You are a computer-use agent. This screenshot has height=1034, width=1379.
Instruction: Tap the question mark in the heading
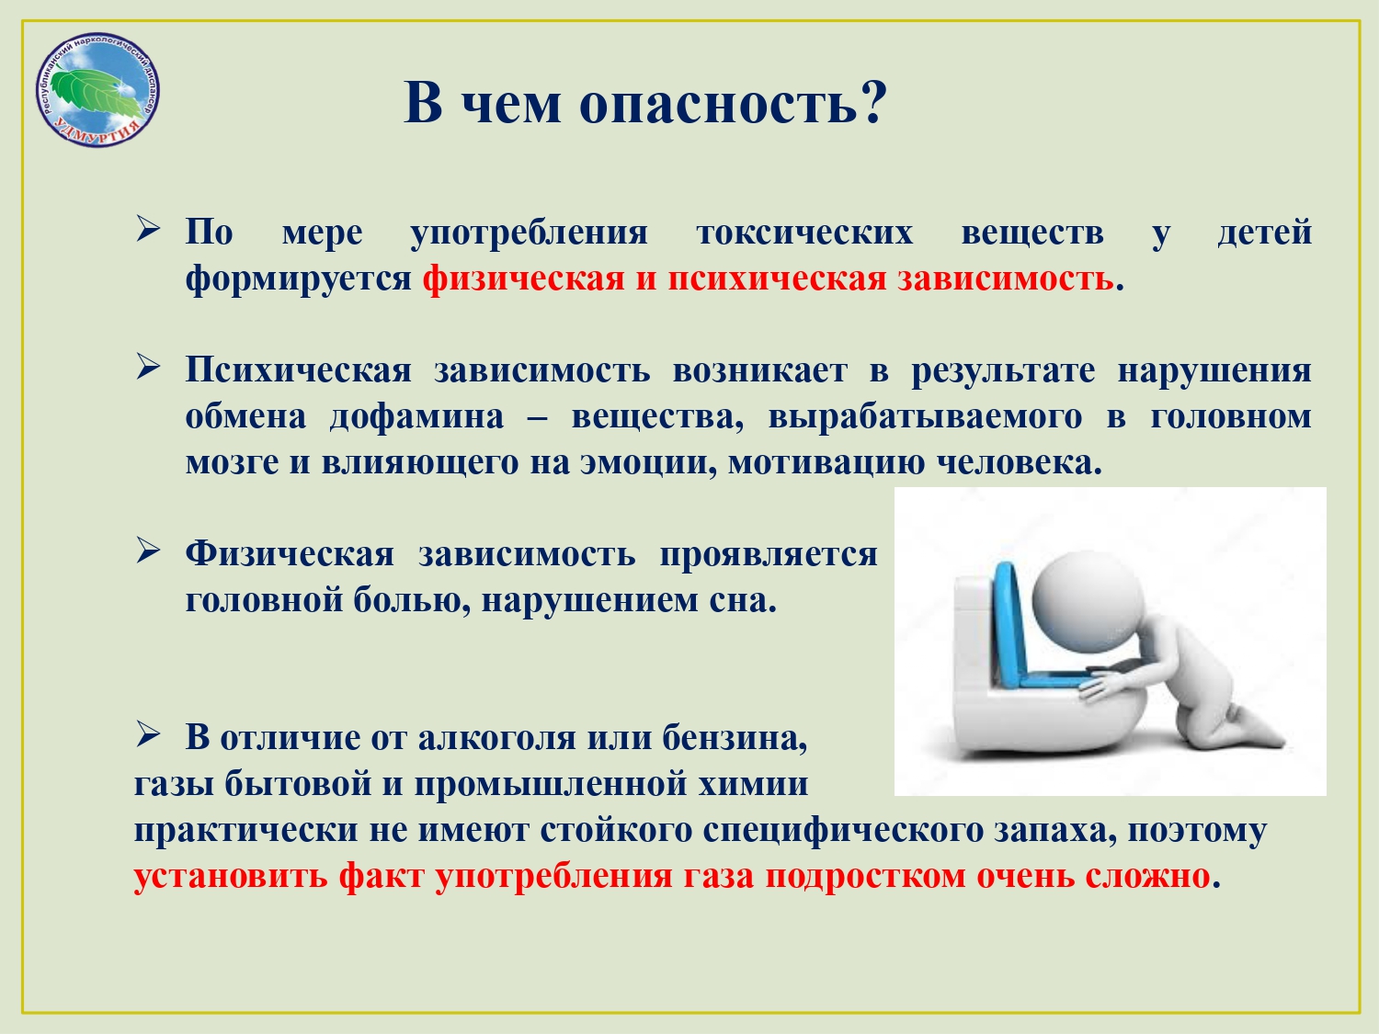pyautogui.click(x=872, y=100)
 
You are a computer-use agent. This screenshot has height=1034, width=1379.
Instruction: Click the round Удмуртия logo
pyautogui.click(x=97, y=90)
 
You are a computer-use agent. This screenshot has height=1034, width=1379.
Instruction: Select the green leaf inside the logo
pyautogui.click(x=96, y=92)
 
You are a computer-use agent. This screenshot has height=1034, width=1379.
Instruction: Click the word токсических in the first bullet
pyautogui.click(x=804, y=233)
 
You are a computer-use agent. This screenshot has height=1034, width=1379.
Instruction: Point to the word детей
pyautogui.click(x=1265, y=233)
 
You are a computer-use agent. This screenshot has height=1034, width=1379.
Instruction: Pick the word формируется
pyautogui.click(x=299, y=280)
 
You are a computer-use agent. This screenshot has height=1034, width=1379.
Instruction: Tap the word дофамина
pyautogui.click(x=416, y=417)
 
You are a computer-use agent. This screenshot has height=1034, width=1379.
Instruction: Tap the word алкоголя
pyautogui.click(x=496, y=738)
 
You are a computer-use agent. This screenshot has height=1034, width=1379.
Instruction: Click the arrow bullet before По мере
pyautogui.click(x=148, y=229)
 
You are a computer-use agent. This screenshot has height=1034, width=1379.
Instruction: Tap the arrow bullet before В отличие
pyautogui.click(x=148, y=734)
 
